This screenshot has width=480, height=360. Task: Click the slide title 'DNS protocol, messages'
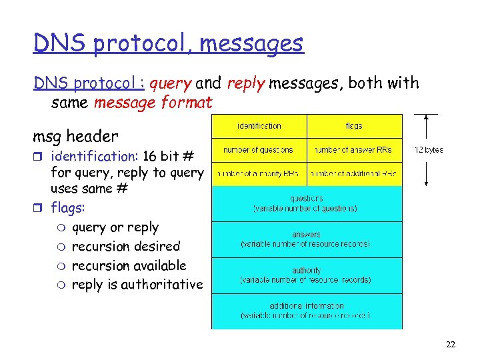168,43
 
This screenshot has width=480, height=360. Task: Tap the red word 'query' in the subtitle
171,83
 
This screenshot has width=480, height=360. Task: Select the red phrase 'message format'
153,103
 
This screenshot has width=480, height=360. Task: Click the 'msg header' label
75,137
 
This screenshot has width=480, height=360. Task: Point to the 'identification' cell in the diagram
259,126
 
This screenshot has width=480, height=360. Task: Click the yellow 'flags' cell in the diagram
354,126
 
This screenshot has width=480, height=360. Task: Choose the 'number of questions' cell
259,149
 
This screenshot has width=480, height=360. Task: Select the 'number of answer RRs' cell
354,149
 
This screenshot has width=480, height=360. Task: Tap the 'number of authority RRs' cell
259,173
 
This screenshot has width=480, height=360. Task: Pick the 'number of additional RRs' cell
354,173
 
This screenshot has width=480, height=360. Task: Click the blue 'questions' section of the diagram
307,203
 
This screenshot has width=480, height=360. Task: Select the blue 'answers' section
307,239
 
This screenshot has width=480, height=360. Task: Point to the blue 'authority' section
307,275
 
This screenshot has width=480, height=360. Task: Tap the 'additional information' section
307,311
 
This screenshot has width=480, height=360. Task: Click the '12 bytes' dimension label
428,150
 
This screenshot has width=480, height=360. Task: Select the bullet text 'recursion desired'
126,247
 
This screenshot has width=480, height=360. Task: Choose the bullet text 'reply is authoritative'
137,285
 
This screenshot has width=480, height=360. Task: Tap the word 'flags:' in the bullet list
68,208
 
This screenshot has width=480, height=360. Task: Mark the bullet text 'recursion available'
129,265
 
